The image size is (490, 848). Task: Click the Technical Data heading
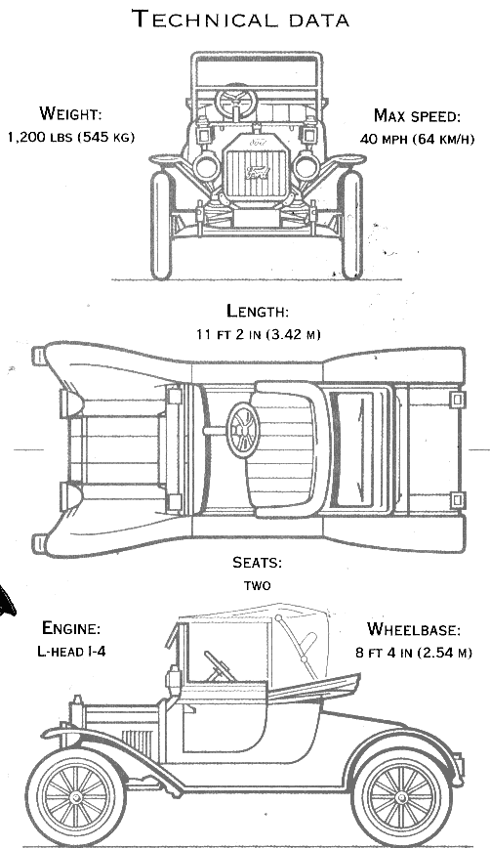(x=241, y=19)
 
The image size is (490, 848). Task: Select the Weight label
(x=70, y=113)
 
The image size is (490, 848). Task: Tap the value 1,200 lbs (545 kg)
(x=70, y=137)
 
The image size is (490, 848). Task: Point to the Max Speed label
(x=417, y=115)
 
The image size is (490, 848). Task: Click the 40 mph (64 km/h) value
(x=417, y=139)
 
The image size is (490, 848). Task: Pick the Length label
(x=257, y=311)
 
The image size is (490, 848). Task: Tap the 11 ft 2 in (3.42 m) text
(x=258, y=334)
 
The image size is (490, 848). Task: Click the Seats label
(x=257, y=563)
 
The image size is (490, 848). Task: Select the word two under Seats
(x=257, y=586)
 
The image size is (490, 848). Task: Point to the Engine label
(x=71, y=628)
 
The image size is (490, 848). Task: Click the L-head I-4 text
(x=71, y=651)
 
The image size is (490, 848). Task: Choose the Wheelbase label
(x=414, y=629)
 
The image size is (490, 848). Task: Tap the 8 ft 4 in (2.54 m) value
(x=414, y=653)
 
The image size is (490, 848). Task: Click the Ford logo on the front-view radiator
(x=257, y=173)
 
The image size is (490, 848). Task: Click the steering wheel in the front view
(x=236, y=102)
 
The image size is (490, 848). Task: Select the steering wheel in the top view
(x=243, y=431)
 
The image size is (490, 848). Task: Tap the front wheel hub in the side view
(x=75, y=796)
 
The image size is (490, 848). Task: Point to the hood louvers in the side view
(x=138, y=742)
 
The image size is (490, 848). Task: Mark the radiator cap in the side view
(x=77, y=701)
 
